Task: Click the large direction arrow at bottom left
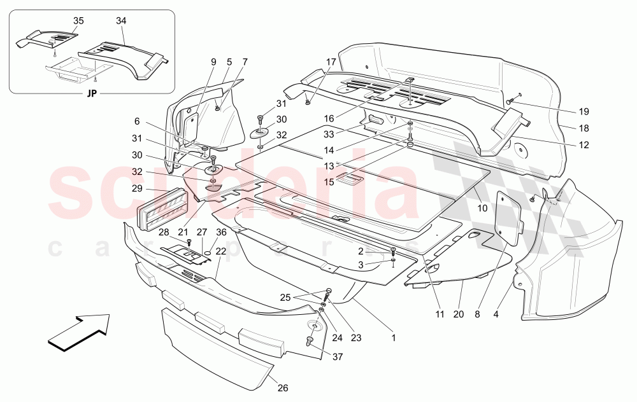(x=79, y=332)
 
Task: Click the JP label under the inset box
(x=92, y=94)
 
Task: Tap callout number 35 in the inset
(x=78, y=21)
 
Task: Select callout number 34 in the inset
(x=121, y=21)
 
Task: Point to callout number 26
(x=283, y=388)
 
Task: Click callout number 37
(x=338, y=357)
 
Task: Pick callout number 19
(x=583, y=111)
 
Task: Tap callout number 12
(x=583, y=145)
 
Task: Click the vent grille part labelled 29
(x=160, y=209)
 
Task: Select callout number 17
(x=331, y=62)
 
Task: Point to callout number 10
(x=482, y=209)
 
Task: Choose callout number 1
(x=393, y=338)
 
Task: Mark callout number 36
(x=221, y=232)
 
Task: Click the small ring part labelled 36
(x=207, y=254)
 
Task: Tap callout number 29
(x=138, y=189)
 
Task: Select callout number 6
(x=137, y=121)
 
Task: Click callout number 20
(x=459, y=314)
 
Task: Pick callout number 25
(x=285, y=298)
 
